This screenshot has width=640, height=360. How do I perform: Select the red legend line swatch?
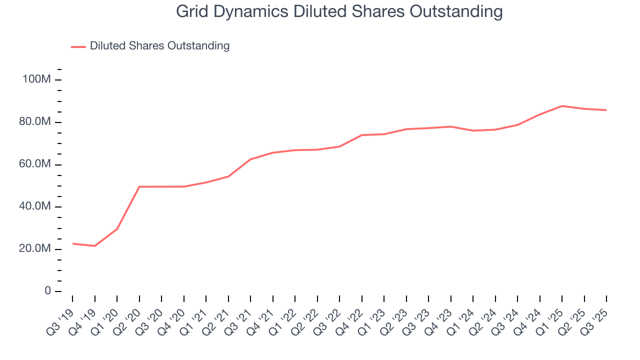point(78,46)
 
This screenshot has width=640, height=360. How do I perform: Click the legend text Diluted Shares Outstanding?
point(159,46)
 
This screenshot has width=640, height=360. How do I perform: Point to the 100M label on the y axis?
point(36,79)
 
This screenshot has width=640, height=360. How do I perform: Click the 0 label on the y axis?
point(47,291)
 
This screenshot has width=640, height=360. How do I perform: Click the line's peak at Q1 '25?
point(562,106)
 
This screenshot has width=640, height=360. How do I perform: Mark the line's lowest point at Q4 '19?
point(94,246)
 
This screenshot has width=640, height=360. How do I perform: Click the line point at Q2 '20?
point(139,187)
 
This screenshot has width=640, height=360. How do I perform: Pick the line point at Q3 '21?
point(250,159)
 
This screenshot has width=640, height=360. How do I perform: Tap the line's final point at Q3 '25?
point(606,110)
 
